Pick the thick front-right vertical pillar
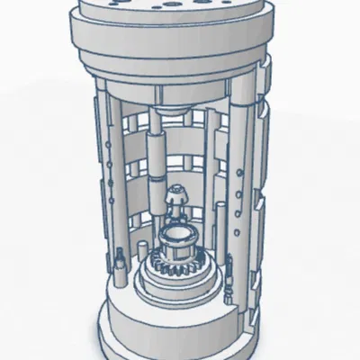click(x=241, y=180)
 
